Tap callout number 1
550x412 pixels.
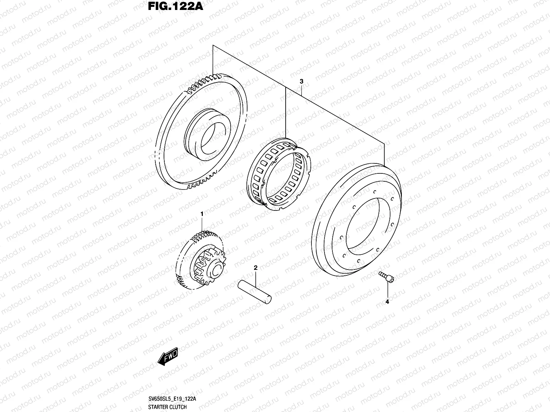point(202,214)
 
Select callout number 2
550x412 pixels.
point(255,267)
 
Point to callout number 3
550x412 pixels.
point(301,81)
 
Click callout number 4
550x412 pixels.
point(387,302)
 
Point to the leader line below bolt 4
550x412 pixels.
point(387,290)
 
